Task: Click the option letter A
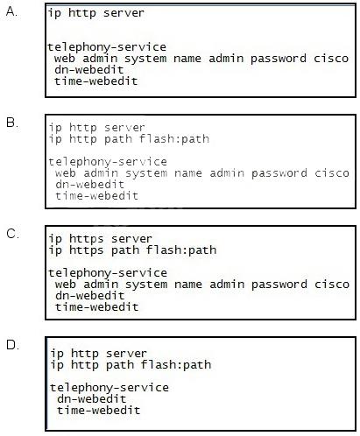pyautogui.click(x=11, y=11)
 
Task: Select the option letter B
pyautogui.click(x=11, y=123)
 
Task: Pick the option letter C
pyautogui.click(x=12, y=234)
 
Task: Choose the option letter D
pyautogui.click(x=12, y=345)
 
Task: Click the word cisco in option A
pyautogui.click(x=331, y=58)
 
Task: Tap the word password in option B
pyautogui.click(x=279, y=173)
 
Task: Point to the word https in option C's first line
pyautogui.click(x=87, y=239)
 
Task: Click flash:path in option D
pyautogui.click(x=176, y=365)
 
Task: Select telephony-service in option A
pyautogui.click(x=107, y=46)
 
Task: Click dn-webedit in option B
pyautogui.click(x=89, y=185)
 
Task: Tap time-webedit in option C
pyautogui.click(x=96, y=306)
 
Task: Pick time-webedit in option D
pyautogui.click(x=98, y=411)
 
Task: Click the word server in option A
pyautogui.click(x=124, y=13)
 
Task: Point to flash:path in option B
pyautogui.click(x=174, y=138)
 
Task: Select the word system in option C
pyautogui.click(x=146, y=285)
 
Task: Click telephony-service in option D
pyautogui.click(x=109, y=388)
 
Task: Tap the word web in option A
pyautogui.click(x=65, y=58)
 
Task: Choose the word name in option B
pyautogui.click(x=188, y=173)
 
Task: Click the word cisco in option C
pyautogui.click(x=332, y=285)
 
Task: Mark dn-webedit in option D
pyautogui.click(x=91, y=398)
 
